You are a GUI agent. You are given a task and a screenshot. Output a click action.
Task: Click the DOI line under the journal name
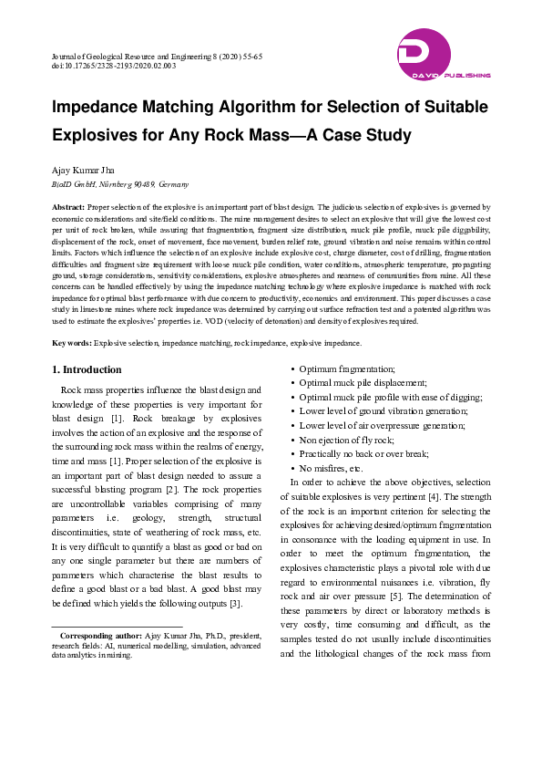pos(114,67)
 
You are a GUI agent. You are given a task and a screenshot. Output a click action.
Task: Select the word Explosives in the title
pos(101,136)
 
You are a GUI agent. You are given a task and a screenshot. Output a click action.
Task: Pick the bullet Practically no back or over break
pos(364,453)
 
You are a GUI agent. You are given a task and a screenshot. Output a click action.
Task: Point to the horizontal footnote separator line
pos(118,626)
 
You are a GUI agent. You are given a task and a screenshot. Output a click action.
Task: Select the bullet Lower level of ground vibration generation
pos(383,411)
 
